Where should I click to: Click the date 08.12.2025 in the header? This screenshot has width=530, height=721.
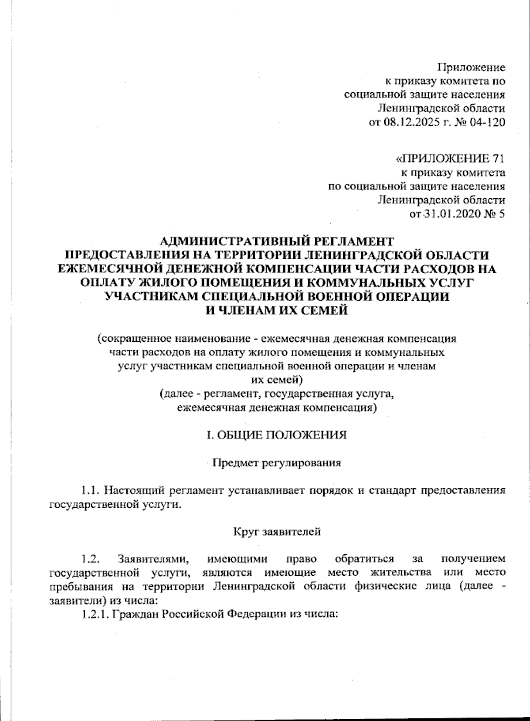coord(414,122)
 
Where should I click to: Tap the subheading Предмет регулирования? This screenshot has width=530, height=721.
coord(277,463)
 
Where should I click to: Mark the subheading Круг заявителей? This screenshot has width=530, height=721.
coord(277,532)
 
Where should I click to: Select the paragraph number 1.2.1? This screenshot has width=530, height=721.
coord(95,614)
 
